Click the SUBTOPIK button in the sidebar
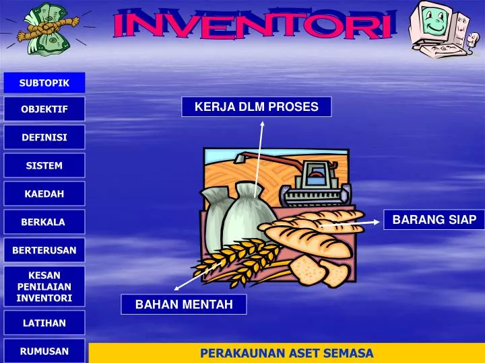tap(44, 83)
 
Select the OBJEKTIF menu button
tap(44, 109)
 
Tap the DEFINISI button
tap(44, 137)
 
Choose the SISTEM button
tap(44, 165)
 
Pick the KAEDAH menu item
tap(44, 194)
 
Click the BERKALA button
tap(44, 222)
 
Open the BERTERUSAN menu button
tap(44, 250)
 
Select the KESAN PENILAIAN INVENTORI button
tap(44, 286)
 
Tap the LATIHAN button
tap(44, 323)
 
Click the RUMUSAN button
tap(44, 351)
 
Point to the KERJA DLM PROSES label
tap(257, 107)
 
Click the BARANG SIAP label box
tap(434, 220)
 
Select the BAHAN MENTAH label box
tap(184, 305)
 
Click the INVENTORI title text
tap(253, 26)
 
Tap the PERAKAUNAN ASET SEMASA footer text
tap(286, 354)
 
